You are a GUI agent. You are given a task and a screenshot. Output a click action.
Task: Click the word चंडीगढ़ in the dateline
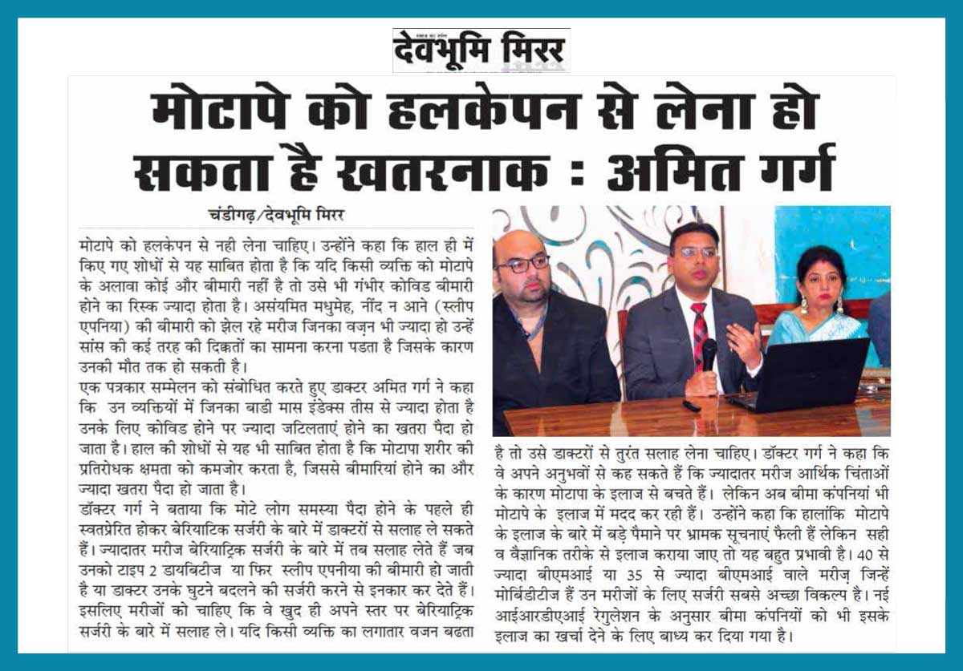tap(240, 214)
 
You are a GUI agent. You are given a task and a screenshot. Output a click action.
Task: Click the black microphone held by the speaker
tap(709, 354)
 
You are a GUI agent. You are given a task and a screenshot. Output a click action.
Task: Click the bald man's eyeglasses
tap(522, 264)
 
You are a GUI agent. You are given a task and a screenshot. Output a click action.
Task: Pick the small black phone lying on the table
tap(691, 406)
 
